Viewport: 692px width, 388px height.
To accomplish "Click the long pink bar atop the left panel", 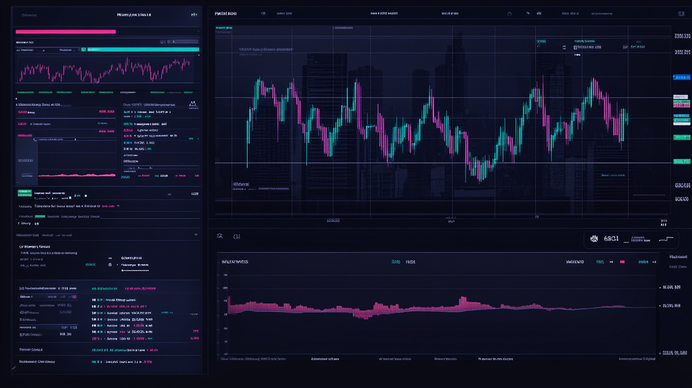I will pyautogui.click(x=65, y=31).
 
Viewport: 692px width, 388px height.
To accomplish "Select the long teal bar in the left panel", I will pyautogui.click(x=143, y=50).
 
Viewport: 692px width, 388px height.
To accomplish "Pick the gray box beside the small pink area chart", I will pyautogui.click(x=26, y=149).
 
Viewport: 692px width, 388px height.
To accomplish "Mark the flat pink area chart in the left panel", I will pyautogui.click(x=76, y=175).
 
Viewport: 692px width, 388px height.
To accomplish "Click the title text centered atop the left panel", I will pyautogui.click(x=135, y=14).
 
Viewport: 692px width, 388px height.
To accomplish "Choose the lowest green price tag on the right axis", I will pyautogui.click(x=681, y=162).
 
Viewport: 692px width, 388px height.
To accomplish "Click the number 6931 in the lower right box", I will pyautogui.click(x=612, y=239).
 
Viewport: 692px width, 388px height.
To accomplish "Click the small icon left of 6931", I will pyautogui.click(x=593, y=239).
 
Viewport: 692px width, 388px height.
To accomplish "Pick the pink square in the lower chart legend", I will pyautogui.click(x=622, y=262).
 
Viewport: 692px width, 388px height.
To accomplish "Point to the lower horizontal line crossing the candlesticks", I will pyautogui.click(x=443, y=164).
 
